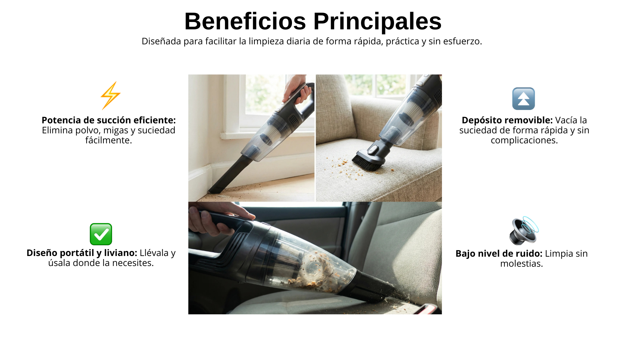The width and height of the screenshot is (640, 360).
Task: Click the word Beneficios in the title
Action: coord(245,21)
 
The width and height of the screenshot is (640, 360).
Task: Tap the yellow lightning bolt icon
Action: coord(111,96)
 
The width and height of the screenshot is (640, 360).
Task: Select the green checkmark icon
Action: coord(101,234)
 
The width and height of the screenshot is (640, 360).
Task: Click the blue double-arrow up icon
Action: coord(524,99)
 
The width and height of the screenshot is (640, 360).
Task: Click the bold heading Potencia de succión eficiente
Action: coord(109,120)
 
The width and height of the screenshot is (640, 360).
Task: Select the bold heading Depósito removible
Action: coord(507,120)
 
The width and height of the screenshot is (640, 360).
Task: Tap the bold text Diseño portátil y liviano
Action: coord(82,253)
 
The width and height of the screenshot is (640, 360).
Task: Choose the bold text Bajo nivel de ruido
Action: coord(499,254)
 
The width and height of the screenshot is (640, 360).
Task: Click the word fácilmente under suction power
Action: coord(109,140)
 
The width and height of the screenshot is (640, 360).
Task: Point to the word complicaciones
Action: coord(524,140)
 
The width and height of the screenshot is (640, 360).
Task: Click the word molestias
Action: coord(522,264)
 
